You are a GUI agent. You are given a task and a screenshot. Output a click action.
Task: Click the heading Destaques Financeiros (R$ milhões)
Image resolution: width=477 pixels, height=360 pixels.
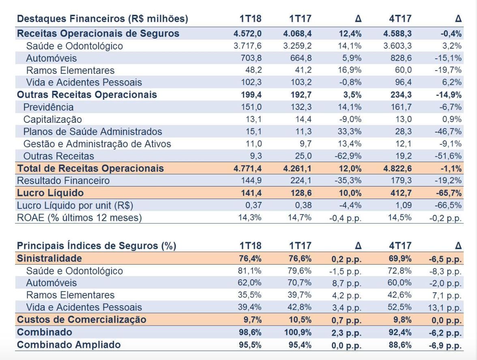click(x=103, y=19)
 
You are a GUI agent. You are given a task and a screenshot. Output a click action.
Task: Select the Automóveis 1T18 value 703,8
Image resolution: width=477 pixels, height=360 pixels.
click(x=250, y=58)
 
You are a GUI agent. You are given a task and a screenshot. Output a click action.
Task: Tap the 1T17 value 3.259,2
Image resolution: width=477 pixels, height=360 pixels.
click(x=298, y=46)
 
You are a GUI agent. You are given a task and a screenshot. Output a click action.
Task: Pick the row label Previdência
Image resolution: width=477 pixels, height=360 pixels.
click(x=49, y=107)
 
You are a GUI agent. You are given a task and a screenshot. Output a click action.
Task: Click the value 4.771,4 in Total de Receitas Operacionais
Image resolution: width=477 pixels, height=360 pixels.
click(x=248, y=169)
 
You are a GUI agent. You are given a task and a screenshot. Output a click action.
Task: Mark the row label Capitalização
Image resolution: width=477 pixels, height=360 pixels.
click(x=53, y=120)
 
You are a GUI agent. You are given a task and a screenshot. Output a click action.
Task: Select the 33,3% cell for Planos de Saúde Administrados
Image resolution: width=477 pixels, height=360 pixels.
click(x=349, y=132)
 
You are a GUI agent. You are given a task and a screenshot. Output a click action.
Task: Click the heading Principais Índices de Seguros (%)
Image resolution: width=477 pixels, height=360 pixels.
click(x=97, y=246)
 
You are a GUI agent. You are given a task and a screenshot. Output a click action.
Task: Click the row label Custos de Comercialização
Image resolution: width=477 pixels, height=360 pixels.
click(x=81, y=319)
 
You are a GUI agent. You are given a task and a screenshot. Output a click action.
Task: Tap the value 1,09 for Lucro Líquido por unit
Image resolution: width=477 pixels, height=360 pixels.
click(x=403, y=205)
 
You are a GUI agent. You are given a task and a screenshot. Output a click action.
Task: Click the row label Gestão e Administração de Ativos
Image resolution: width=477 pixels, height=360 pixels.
click(x=97, y=144)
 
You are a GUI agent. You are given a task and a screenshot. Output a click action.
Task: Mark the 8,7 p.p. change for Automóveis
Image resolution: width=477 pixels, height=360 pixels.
click(x=346, y=283)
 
